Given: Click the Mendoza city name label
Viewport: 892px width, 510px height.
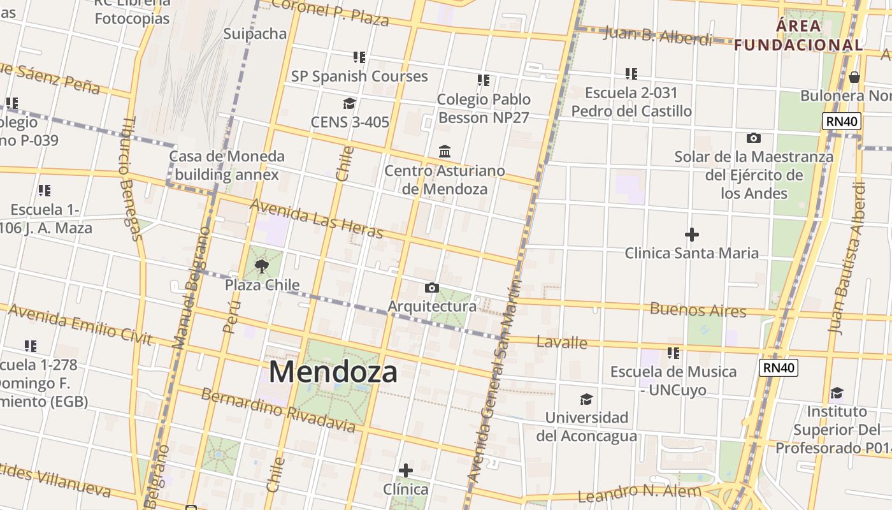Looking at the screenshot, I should pos(333,372).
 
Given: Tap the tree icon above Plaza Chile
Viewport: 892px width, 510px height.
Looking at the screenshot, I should pos(261,266).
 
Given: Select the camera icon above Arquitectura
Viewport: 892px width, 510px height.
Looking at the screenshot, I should pos(431,288).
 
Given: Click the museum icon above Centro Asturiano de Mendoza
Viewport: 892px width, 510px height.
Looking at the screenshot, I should pos(445,152).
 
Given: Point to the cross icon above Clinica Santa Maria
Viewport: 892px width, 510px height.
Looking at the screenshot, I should pos(691,235).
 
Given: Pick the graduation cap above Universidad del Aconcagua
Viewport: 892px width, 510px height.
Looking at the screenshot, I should pos(586,399).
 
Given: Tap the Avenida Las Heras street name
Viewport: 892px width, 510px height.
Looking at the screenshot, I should pos(317,218).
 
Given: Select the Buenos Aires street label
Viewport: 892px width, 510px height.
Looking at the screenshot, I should pos(698,310).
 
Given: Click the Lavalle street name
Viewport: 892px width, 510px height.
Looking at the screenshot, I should pos(561,342).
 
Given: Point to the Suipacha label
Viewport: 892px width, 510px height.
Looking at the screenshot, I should pos(255,34).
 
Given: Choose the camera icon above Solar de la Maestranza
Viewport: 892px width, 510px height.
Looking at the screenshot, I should pos(753,138).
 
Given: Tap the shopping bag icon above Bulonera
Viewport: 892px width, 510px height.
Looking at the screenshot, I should pos(854,77).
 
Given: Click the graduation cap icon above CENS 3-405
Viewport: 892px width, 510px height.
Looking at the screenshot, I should pos(349,103).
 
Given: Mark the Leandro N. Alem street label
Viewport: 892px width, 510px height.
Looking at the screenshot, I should pos(639,493).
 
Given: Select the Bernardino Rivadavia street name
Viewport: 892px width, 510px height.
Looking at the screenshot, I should pos(278,409).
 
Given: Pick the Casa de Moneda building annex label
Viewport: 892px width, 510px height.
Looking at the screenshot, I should pos(227,165).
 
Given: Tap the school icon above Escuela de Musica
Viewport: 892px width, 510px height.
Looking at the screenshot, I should pos(673,353).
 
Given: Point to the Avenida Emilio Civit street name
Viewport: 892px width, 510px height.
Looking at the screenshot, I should pos(80,324).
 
